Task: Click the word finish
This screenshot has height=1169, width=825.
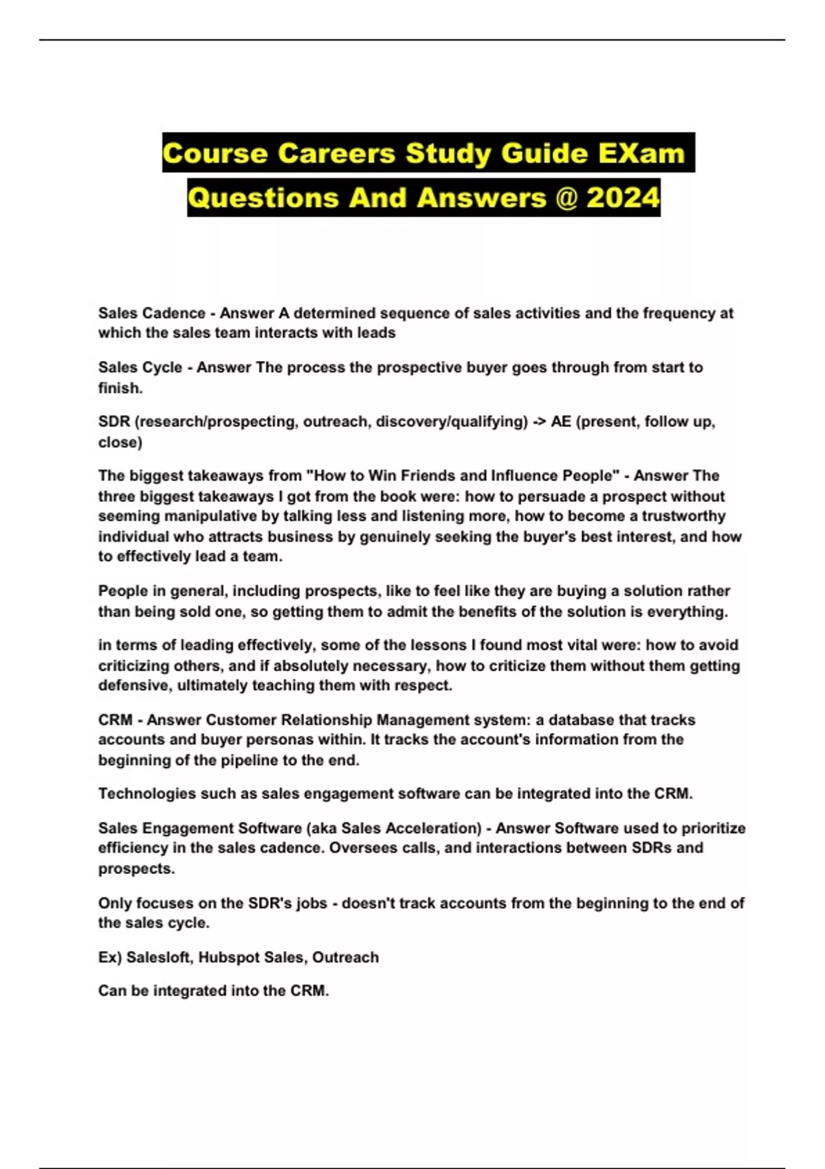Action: tap(120, 388)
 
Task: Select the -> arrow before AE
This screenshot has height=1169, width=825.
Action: tap(539, 422)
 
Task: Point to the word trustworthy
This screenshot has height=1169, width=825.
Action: tap(683, 516)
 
